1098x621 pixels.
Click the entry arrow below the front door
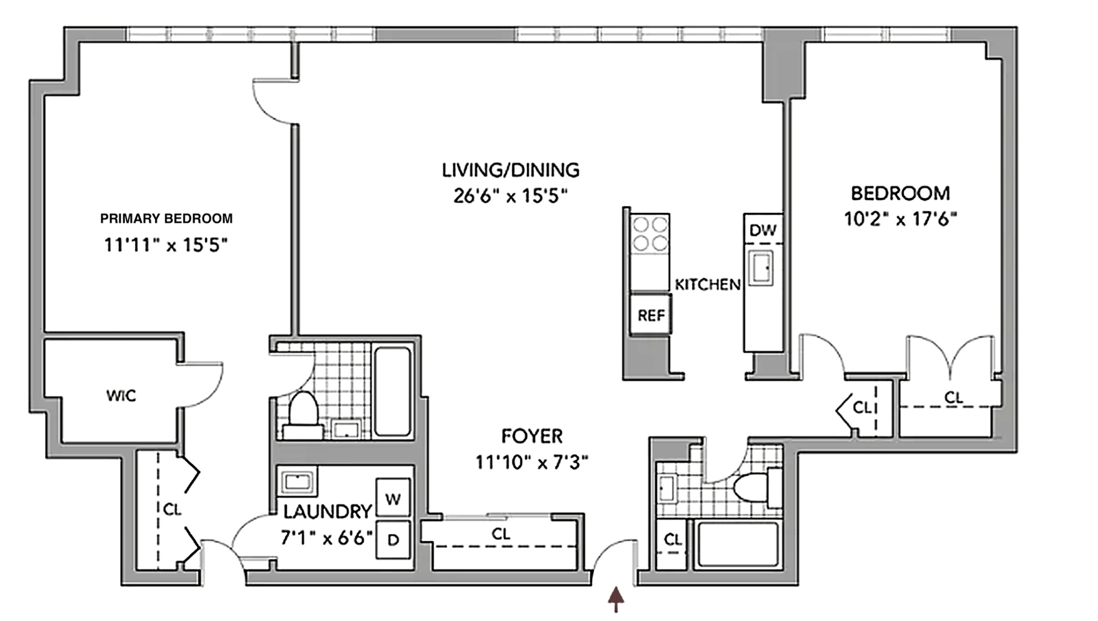pos(616,600)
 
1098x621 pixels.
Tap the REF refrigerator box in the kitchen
pos(651,314)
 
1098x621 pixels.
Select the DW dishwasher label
pos(763,230)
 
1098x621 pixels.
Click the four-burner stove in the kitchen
pos(650,234)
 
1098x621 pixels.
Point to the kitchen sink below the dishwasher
pos(761,268)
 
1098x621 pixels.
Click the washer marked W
pos(393,498)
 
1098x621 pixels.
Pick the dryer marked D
pos(393,539)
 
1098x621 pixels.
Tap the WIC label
pos(121,395)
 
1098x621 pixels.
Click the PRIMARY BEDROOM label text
pos(166,218)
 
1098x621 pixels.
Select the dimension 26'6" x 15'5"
pos(510,196)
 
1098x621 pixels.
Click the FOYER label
pos(532,436)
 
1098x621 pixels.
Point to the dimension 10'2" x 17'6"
pos(901,219)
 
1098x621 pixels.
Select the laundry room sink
pos(297,482)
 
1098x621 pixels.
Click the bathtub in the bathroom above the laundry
pos(392,391)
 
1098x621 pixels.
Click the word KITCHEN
pos(707,284)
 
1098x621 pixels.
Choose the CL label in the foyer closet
pos(501,534)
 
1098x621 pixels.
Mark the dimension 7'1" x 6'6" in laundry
pos(327,538)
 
